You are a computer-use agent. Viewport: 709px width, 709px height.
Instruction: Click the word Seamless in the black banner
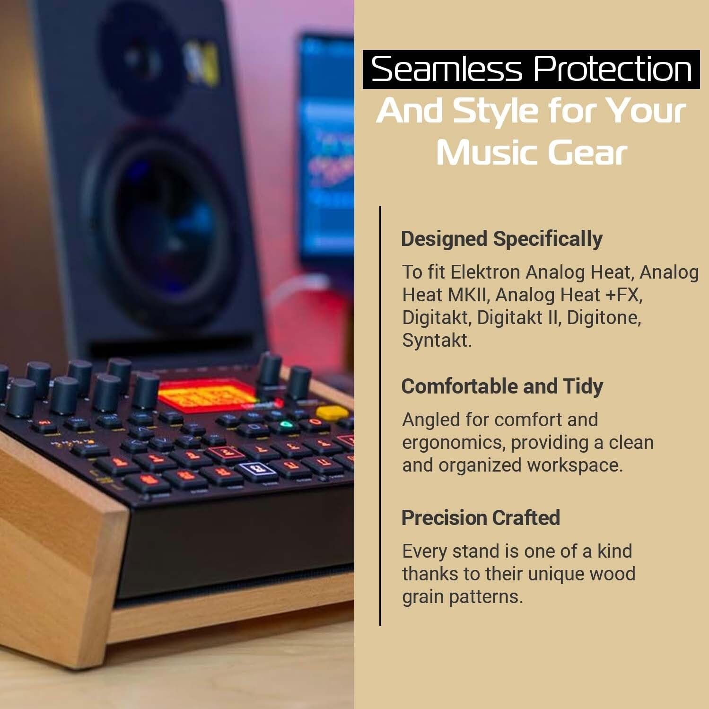click(446, 70)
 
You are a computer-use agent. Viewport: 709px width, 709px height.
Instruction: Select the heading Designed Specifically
click(501, 239)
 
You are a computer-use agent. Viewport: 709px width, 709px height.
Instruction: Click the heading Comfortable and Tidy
click(502, 386)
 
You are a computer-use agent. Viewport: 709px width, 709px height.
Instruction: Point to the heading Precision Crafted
click(481, 518)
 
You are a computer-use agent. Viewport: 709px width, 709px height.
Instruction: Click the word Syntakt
click(436, 341)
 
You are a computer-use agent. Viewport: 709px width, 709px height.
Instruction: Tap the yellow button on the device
click(332, 413)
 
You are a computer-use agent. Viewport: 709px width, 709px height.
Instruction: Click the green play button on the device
click(285, 425)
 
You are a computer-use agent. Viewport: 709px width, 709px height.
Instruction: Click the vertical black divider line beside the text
click(380, 416)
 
